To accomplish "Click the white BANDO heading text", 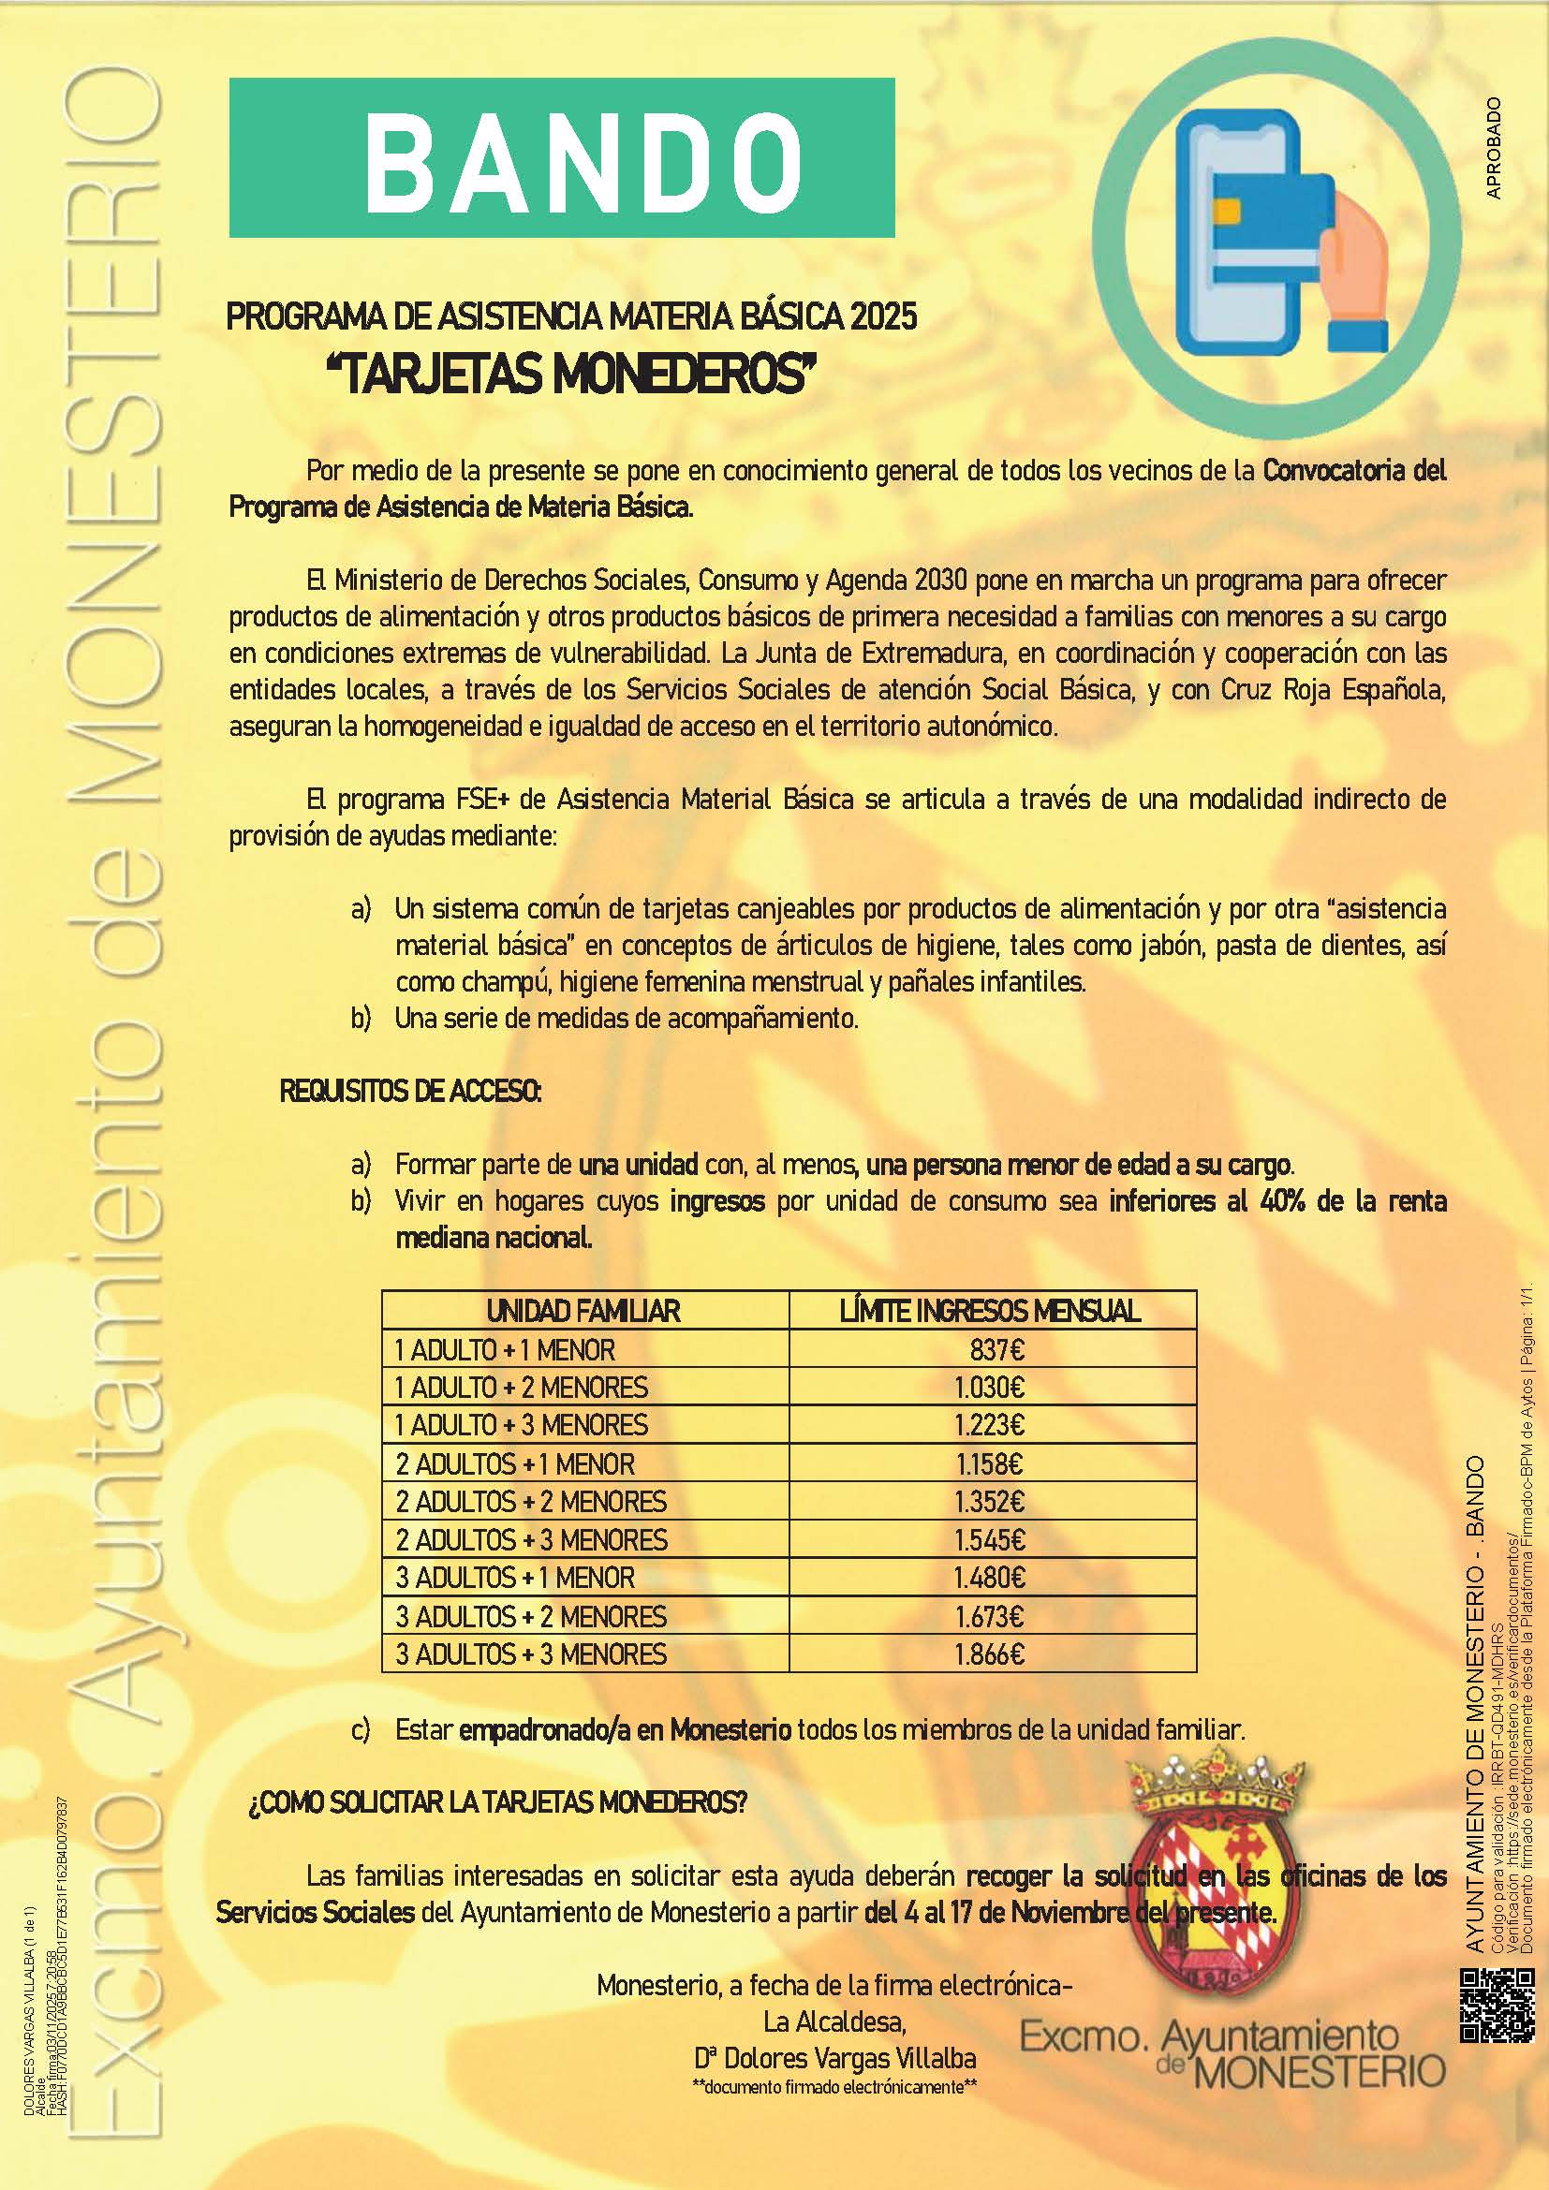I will pos(582,157).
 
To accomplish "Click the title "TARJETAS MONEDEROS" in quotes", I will pos(572,375).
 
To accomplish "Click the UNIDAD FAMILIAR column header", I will pos(583,1311).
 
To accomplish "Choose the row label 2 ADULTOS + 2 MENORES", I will pos(531,1501).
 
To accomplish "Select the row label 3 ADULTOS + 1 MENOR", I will pos(515,1578).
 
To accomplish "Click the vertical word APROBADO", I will pos(1494,148).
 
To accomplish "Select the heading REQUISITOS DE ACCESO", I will pos(410,1091).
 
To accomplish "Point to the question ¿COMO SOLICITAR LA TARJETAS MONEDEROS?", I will pos(497,1802).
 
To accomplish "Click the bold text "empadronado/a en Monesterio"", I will pos(625,1729).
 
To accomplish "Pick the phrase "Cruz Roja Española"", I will pos(1333,690).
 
